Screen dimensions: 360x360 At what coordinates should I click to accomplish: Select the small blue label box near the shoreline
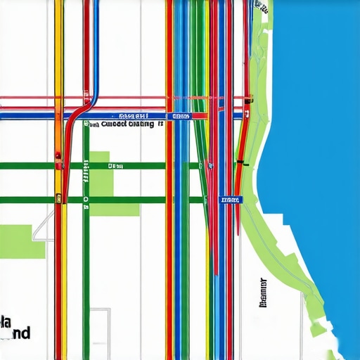pos(230,200)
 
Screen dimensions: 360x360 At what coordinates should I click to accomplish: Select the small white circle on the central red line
pos(210,166)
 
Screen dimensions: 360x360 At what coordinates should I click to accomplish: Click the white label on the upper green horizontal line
pos(112,166)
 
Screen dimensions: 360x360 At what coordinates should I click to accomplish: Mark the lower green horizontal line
pos(141,200)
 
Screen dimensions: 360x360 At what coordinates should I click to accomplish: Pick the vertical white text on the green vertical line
pos(86,169)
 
